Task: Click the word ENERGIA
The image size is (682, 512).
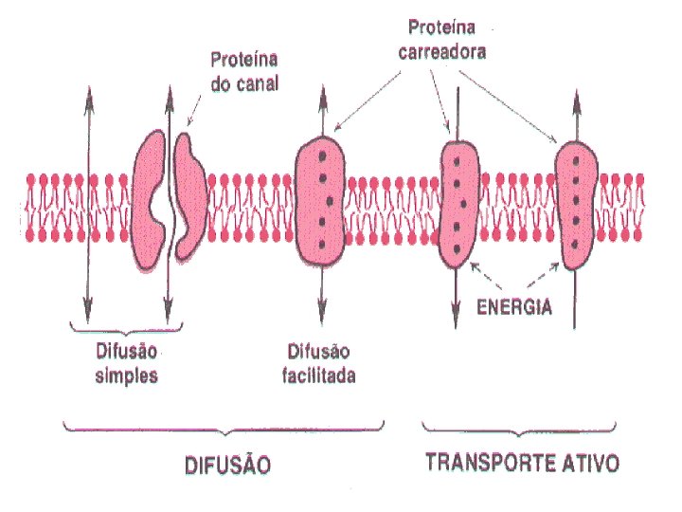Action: point(514,307)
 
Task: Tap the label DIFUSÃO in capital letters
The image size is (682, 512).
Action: point(228,465)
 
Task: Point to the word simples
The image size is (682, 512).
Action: point(126,375)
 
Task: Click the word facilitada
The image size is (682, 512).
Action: point(319,375)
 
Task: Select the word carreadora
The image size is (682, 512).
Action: point(442,52)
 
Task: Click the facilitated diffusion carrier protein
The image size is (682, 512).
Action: point(320,201)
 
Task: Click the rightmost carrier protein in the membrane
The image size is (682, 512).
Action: point(576,205)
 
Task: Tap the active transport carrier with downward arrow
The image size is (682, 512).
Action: point(459,205)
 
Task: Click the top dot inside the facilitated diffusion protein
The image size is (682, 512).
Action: point(322,156)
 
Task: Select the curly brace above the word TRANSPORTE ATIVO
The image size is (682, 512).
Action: point(519,430)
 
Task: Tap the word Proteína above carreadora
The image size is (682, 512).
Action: point(441,27)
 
